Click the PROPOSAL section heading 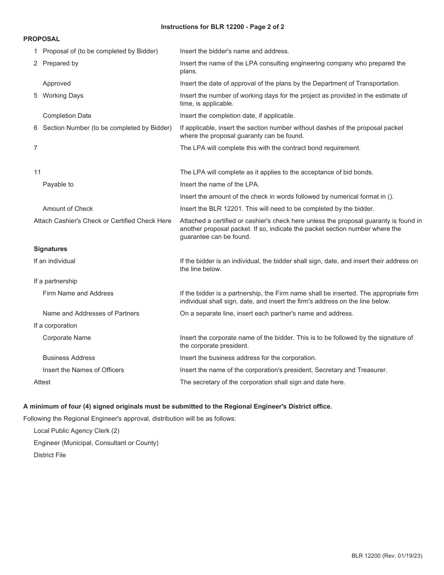(42, 39)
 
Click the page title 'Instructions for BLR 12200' (222, 27)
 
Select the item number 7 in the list (36, 148)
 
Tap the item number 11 (37, 172)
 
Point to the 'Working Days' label (63, 95)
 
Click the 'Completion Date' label (67, 115)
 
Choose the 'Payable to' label (58, 184)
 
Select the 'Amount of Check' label (68, 208)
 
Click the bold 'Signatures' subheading (50, 249)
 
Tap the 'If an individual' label (54, 261)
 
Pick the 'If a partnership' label (55, 281)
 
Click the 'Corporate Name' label (67, 338)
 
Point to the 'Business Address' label (69, 358)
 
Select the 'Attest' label (42, 382)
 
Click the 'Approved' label (57, 83)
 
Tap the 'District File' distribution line (50, 455)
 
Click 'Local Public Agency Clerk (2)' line (77, 431)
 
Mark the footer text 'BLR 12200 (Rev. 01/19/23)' (387, 556)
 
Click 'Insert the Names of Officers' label (83, 370)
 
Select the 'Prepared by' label (60, 63)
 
